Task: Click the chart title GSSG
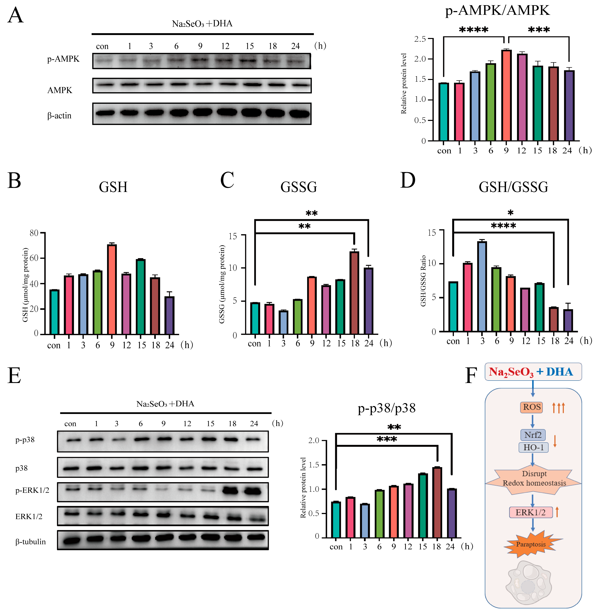click(x=298, y=187)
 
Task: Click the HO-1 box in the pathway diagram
click(x=534, y=447)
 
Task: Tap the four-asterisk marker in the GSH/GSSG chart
click(x=503, y=226)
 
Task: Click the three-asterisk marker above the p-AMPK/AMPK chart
click(x=539, y=30)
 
